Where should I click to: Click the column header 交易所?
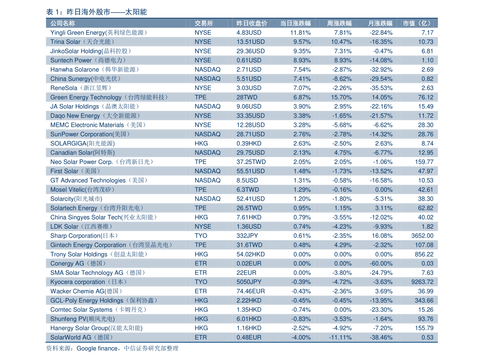click(204, 23)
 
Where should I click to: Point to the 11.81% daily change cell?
click(300, 33)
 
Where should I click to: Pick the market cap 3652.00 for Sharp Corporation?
click(422, 236)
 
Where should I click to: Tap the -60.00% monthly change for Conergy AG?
click(381, 264)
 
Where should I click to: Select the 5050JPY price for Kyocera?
click(249, 282)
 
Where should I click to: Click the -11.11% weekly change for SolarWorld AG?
click(340, 338)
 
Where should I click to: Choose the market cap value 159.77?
click(424, 162)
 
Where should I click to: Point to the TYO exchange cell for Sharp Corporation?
click(201, 236)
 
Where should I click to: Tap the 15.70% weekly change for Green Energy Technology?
click(341, 97)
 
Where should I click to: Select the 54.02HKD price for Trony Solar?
click(251, 254)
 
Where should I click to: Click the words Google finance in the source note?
click(97, 348)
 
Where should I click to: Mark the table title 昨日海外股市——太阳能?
click(106, 12)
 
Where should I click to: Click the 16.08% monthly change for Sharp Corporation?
click(382, 236)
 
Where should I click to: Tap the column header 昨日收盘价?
click(252, 23)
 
